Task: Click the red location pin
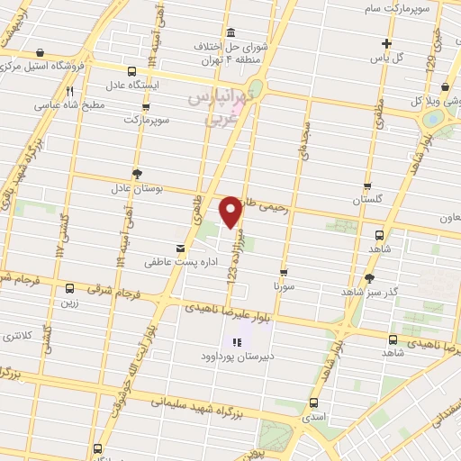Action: (x=231, y=212)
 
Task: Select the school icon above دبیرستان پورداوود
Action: (x=237, y=342)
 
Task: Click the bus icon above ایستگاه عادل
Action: (x=133, y=72)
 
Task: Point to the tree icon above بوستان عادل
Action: (x=137, y=173)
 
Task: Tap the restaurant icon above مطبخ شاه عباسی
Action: (x=69, y=91)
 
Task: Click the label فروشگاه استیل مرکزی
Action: (x=54, y=65)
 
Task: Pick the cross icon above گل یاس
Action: (x=386, y=43)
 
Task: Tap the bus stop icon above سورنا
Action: (x=285, y=272)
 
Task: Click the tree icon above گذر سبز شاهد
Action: (x=369, y=278)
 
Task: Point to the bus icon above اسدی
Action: (x=313, y=403)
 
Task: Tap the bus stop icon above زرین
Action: (x=69, y=289)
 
